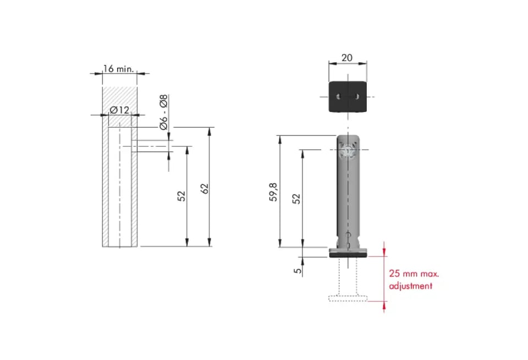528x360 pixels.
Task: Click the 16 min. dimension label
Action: click(x=119, y=69)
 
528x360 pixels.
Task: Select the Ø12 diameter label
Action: click(x=119, y=110)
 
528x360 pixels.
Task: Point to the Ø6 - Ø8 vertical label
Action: click(x=164, y=112)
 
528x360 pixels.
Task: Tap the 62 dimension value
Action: click(x=205, y=189)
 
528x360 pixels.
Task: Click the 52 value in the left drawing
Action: click(x=182, y=196)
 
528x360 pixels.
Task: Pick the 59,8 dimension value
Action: click(x=273, y=192)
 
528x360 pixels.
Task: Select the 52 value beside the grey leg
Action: click(x=296, y=199)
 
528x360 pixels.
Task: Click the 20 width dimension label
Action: click(x=347, y=58)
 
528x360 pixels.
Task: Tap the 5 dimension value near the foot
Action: click(x=298, y=270)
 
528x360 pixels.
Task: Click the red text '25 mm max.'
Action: click(x=414, y=274)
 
